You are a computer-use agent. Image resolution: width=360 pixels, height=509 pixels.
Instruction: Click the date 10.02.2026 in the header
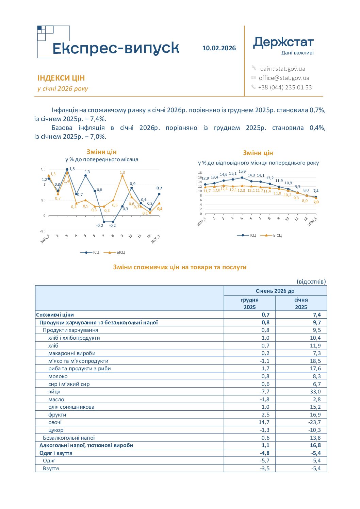(219, 48)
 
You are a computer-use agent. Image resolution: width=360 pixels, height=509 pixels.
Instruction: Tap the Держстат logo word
(283, 43)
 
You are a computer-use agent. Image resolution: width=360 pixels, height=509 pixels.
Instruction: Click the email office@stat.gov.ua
(284, 78)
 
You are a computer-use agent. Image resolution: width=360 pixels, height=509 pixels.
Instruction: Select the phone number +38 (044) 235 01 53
(285, 87)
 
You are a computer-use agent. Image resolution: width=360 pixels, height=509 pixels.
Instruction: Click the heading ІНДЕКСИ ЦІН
(61, 78)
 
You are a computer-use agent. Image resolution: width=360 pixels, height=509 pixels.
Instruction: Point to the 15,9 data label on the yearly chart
(242, 172)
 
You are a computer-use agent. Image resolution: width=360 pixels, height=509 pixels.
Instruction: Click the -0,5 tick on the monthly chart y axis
(43, 231)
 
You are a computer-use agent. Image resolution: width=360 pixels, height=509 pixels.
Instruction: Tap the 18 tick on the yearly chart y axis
(200, 173)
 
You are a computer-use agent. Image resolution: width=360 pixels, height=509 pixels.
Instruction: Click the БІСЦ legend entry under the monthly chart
(114, 252)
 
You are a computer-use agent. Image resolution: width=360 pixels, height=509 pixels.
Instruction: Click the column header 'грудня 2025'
(249, 304)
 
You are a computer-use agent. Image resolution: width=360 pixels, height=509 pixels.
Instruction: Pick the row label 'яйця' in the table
(54, 392)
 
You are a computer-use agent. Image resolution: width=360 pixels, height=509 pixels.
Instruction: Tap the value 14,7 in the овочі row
(264, 422)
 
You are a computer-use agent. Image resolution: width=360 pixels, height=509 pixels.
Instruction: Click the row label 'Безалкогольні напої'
(69, 438)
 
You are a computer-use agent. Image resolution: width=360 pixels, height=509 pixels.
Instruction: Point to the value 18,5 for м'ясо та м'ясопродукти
(315, 361)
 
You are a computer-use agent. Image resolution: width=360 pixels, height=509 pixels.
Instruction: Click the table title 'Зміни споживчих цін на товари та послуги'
(180, 267)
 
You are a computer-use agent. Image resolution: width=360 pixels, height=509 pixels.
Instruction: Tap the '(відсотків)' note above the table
(311, 282)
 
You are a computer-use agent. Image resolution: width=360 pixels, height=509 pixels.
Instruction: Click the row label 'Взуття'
(51, 469)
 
